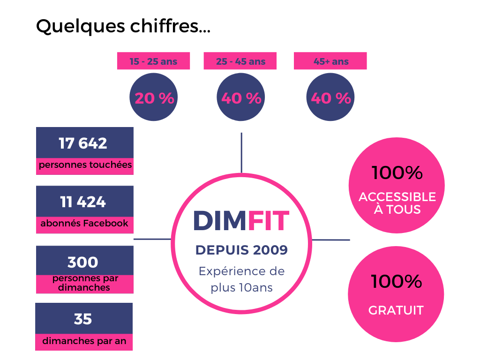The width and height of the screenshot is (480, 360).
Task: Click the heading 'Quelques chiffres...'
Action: pyautogui.click(x=123, y=26)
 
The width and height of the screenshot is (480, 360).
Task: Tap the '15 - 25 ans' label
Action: pyautogui.click(x=153, y=61)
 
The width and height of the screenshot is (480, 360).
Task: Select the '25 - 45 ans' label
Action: pyautogui.click(x=240, y=61)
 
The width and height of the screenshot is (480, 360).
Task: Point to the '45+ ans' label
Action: pyautogui.click(x=330, y=61)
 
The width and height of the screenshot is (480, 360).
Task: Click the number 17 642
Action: pyautogui.click(x=83, y=143)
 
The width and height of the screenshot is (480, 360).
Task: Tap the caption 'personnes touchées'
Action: pyautogui.click(x=85, y=165)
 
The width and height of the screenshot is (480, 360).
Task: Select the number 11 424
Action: pyautogui.click(x=83, y=202)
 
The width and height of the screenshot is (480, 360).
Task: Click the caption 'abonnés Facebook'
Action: pyautogui.click(x=84, y=224)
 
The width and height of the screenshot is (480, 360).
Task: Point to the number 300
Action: pyautogui.click(x=83, y=262)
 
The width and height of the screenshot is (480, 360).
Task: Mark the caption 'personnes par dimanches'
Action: pyautogui.click(x=85, y=283)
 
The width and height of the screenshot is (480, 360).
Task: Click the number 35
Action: pyautogui.click(x=83, y=319)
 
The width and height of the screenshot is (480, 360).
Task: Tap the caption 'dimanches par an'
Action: pyautogui.click(x=84, y=341)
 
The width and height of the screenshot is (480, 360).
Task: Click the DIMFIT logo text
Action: pyautogui.click(x=241, y=221)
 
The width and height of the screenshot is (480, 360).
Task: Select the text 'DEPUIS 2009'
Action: pyautogui.click(x=241, y=250)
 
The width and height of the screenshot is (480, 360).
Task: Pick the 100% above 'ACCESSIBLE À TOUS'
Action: pyautogui.click(x=397, y=173)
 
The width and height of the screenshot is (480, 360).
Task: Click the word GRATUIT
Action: pyautogui.click(x=396, y=310)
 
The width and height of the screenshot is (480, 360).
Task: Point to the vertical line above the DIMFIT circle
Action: pyautogui.click(x=241, y=153)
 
